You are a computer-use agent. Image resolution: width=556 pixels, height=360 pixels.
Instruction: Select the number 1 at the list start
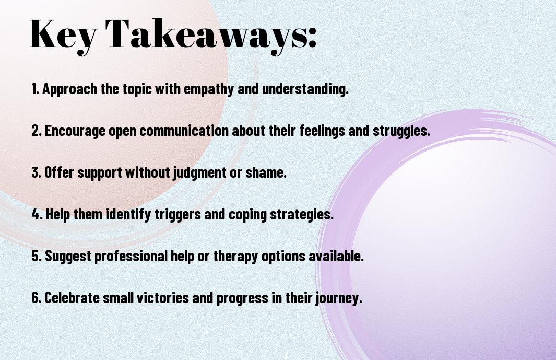(x=35, y=89)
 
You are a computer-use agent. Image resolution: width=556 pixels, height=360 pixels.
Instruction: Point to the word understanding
(x=305, y=89)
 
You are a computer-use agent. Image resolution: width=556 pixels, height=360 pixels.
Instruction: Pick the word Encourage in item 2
(x=75, y=131)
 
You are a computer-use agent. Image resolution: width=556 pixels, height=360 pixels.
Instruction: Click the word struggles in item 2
(x=401, y=131)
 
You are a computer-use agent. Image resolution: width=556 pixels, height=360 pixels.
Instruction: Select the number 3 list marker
(x=36, y=173)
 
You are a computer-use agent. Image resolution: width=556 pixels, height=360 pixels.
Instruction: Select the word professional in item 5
(x=131, y=257)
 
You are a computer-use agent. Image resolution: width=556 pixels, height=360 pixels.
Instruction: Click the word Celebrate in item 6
(x=72, y=298)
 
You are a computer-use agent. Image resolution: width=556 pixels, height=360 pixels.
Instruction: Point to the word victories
(x=163, y=298)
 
